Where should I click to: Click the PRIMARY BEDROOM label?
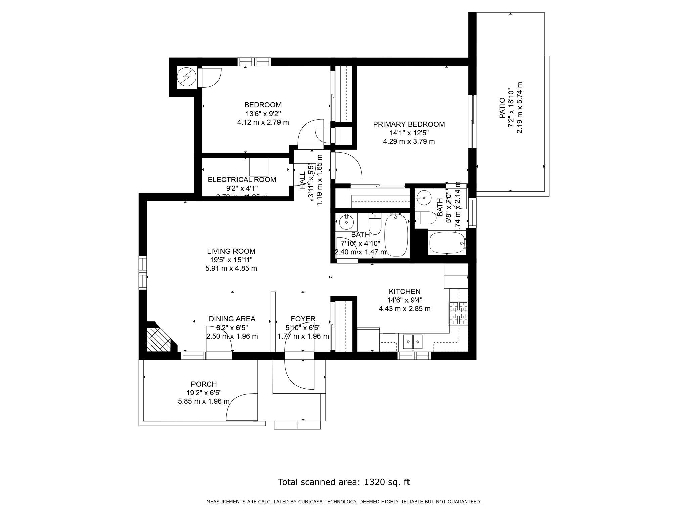pos(409,124)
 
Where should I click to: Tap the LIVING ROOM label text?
pos(231,251)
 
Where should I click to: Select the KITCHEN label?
pos(404,291)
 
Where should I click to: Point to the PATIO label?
pos(502,108)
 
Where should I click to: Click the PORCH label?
pos(204,384)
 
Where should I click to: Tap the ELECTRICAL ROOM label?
pos(242,180)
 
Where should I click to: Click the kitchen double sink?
pos(413,342)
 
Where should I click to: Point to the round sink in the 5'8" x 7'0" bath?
pos(423,196)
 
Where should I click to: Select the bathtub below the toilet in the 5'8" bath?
pos(447,243)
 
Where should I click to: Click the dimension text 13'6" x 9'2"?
pos(263,114)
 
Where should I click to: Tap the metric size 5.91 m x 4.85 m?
pos(231,269)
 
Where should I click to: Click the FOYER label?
pos(303,319)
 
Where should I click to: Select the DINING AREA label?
pos(232,319)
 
